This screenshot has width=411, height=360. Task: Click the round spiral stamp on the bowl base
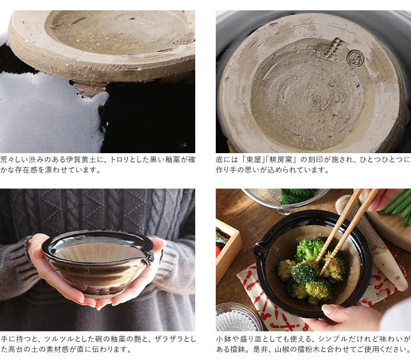(x=356, y=58)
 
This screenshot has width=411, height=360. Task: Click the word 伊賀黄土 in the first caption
(x=80, y=159)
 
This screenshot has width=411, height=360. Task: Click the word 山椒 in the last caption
(x=282, y=350)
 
